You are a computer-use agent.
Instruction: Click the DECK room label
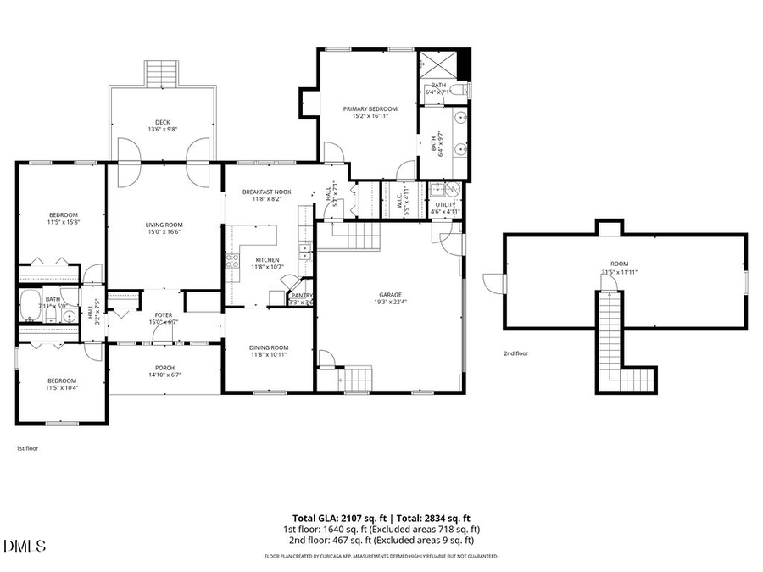(162, 122)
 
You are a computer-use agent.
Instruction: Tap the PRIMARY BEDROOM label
(370, 108)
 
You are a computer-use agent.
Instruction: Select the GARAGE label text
(390, 295)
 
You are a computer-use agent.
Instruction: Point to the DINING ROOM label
(269, 347)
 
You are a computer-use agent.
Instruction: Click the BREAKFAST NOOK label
(266, 192)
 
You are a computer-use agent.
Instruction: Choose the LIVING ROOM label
(164, 225)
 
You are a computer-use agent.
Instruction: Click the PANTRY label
(302, 295)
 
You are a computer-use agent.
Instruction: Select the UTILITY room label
(445, 204)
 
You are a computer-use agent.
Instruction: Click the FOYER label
(163, 315)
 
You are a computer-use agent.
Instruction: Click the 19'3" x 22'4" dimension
(390, 303)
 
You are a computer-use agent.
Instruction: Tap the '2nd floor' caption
(516, 353)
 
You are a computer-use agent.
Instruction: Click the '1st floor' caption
(27, 447)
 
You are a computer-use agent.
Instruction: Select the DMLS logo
(25, 545)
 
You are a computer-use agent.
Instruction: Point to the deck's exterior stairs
(159, 74)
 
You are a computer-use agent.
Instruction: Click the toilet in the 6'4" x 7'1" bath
(457, 90)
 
